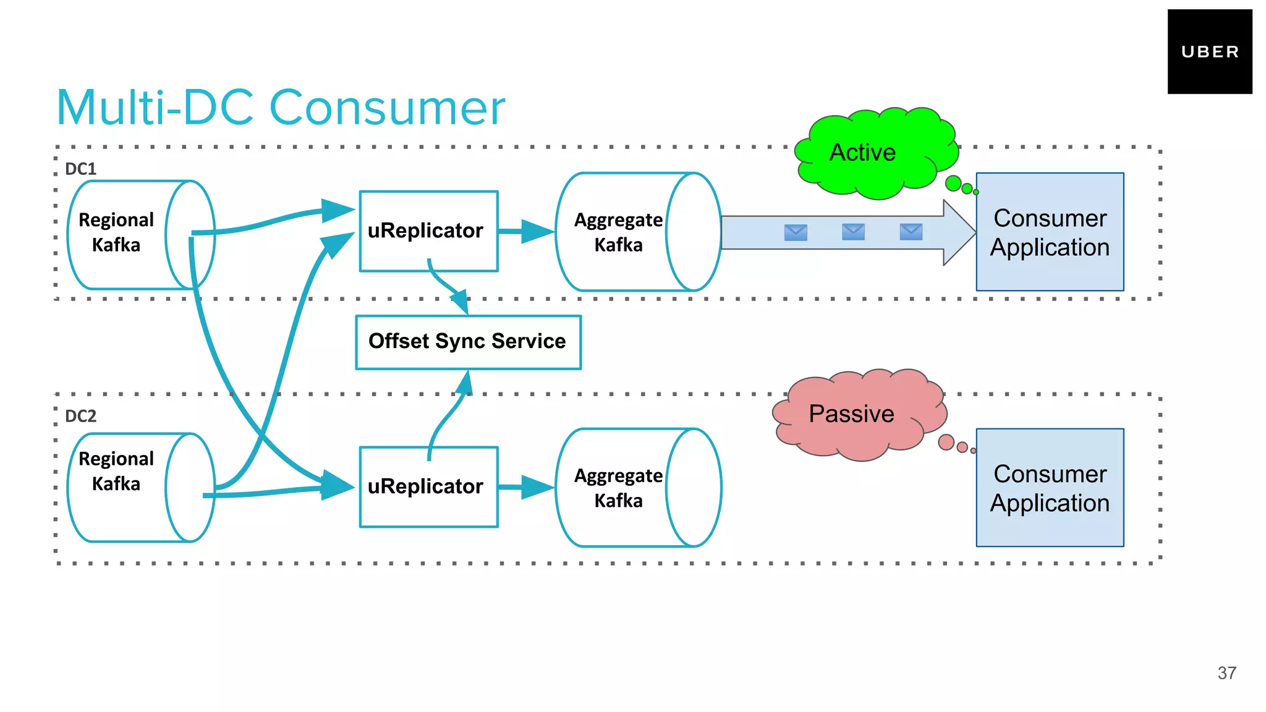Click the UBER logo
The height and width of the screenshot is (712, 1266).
tap(1209, 52)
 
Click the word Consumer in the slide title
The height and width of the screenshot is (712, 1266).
tap(387, 108)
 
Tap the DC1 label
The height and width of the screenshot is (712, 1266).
tap(80, 169)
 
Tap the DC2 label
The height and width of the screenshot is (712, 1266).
tap(80, 416)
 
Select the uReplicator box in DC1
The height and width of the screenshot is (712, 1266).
tap(428, 231)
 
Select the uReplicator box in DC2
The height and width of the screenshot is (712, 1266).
tap(428, 486)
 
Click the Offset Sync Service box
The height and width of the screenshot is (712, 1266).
tap(468, 342)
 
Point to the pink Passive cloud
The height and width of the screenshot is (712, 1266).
tap(856, 414)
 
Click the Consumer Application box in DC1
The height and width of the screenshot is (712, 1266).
tap(1050, 232)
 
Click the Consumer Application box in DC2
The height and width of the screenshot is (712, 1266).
tap(1050, 488)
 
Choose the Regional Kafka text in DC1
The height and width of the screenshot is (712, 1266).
tap(116, 232)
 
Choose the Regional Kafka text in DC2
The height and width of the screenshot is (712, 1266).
tap(116, 470)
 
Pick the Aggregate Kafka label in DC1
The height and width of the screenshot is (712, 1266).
tap(618, 232)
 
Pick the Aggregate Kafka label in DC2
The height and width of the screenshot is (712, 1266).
tap(618, 488)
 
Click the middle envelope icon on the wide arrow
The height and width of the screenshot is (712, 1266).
tap(853, 232)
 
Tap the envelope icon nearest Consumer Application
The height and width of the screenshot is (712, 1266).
tap(911, 232)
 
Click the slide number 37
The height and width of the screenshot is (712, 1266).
tap(1226, 673)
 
